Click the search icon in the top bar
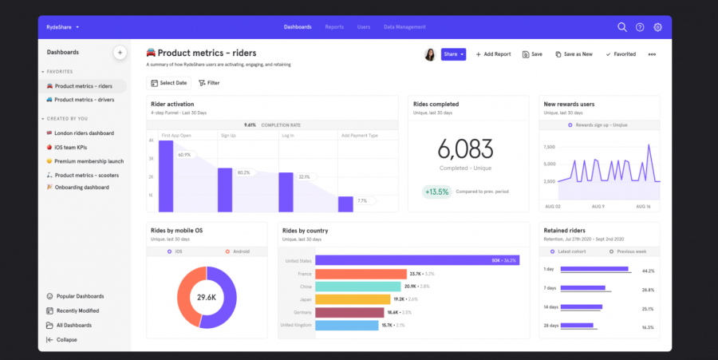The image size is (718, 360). [x=622, y=27]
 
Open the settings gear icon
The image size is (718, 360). [x=658, y=27]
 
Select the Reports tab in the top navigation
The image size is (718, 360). [x=334, y=27]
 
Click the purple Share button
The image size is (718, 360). [x=453, y=54]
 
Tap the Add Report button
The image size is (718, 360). [x=493, y=54]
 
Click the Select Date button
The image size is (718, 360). [x=168, y=83]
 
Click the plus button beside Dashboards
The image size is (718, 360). [x=120, y=53]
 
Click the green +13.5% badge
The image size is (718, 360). [x=437, y=192]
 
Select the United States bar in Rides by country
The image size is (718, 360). [x=406, y=260]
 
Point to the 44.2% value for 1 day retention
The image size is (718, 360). [x=648, y=271]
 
